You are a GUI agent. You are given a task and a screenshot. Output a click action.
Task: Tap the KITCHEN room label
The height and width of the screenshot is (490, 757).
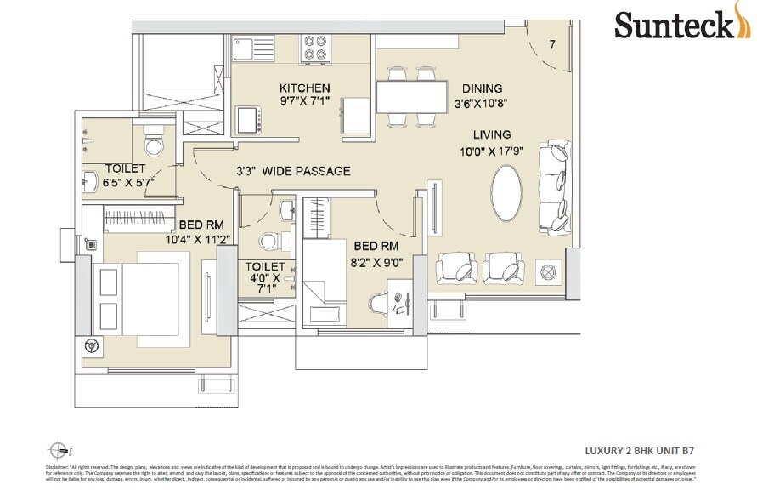pos(304,88)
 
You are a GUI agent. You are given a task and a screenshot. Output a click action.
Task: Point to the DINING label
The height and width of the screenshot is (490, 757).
pos(482,88)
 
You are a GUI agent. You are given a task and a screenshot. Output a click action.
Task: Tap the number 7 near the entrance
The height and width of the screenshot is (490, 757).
pos(552,45)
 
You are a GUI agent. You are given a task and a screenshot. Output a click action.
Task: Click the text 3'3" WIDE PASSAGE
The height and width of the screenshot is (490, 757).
pos(293,171)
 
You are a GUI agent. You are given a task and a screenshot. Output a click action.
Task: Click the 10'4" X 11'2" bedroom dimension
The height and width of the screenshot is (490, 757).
pos(201,240)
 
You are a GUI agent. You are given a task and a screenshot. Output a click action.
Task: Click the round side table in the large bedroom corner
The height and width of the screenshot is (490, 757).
pos(92,347)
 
